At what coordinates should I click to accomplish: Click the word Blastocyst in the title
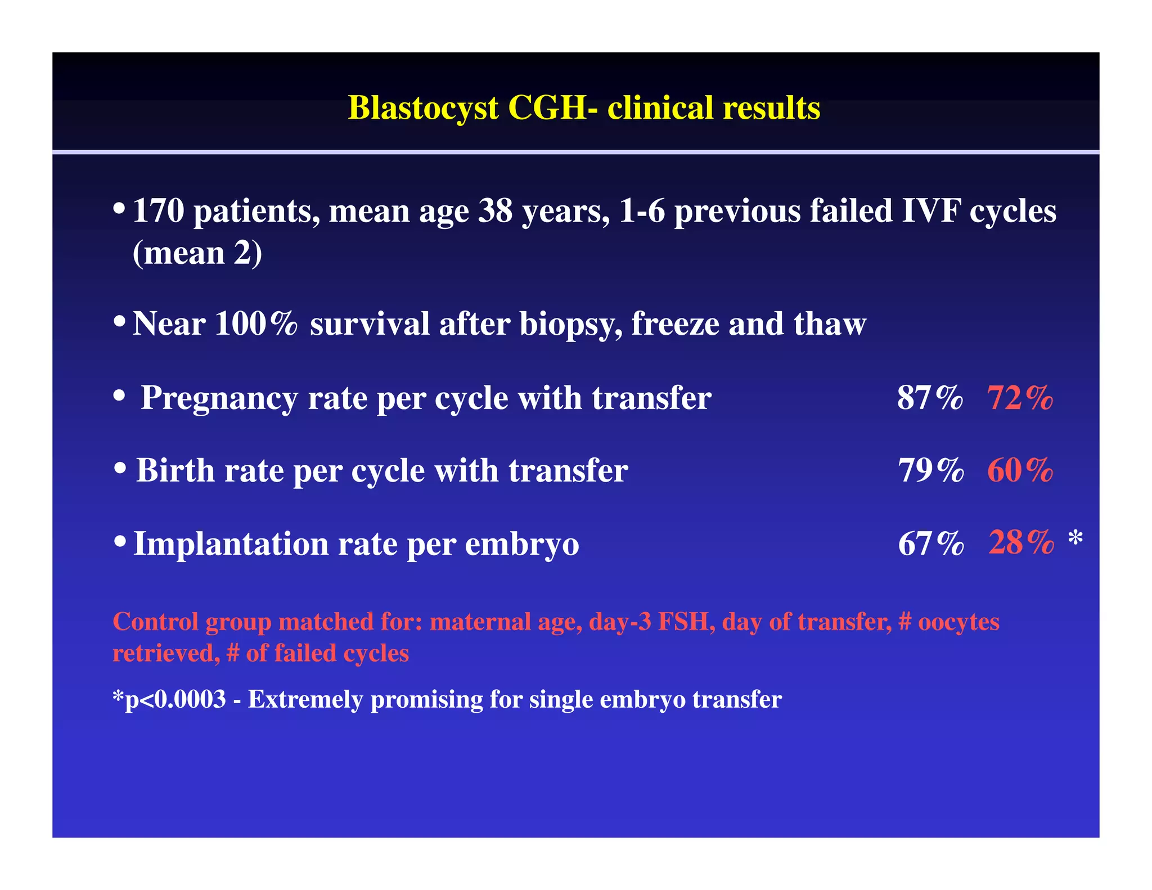click(x=423, y=108)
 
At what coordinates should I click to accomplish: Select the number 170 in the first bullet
click(x=159, y=212)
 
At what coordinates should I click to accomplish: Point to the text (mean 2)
click(x=197, y=253)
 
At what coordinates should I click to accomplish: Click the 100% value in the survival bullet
click(x=255, y=324)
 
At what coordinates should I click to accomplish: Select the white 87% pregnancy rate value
click(x=930, y=398)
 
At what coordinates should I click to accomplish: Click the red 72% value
click(x=1020, y=398)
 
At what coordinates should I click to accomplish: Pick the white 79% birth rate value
click(x=930, y=470)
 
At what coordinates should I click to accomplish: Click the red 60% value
click(x=1020, y=470)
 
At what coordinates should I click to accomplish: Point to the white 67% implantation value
click(x=931, y=543)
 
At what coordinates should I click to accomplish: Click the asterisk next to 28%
click(x=1075, y=538)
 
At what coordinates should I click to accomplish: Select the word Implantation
click(x=230, y=544)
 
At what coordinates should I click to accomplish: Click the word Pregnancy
click(x=218, y=399)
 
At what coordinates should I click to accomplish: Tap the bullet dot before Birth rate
click(x=119, y=468)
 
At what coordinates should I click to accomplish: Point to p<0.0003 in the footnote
click(x=175, y=700)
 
